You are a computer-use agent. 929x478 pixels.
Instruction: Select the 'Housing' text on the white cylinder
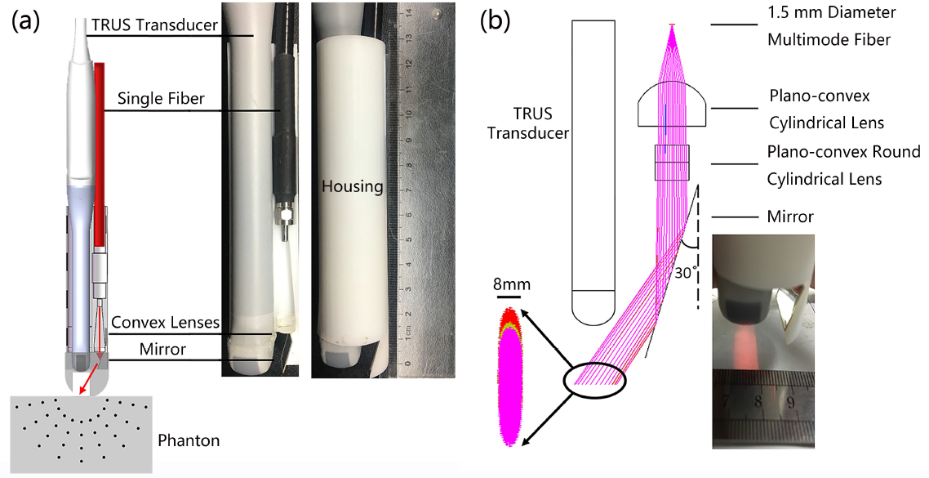click(352, 186)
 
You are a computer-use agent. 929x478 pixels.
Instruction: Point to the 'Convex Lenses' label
click(166, 323)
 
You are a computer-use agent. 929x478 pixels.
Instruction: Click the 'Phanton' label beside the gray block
click(188, 440)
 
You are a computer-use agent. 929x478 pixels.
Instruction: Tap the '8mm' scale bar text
click(511, 285)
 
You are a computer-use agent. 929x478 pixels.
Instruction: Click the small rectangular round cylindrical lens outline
click(672, 162)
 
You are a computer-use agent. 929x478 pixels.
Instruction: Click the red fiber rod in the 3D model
click(100, 147)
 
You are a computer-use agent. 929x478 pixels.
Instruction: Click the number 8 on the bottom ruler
click(758, 402)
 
